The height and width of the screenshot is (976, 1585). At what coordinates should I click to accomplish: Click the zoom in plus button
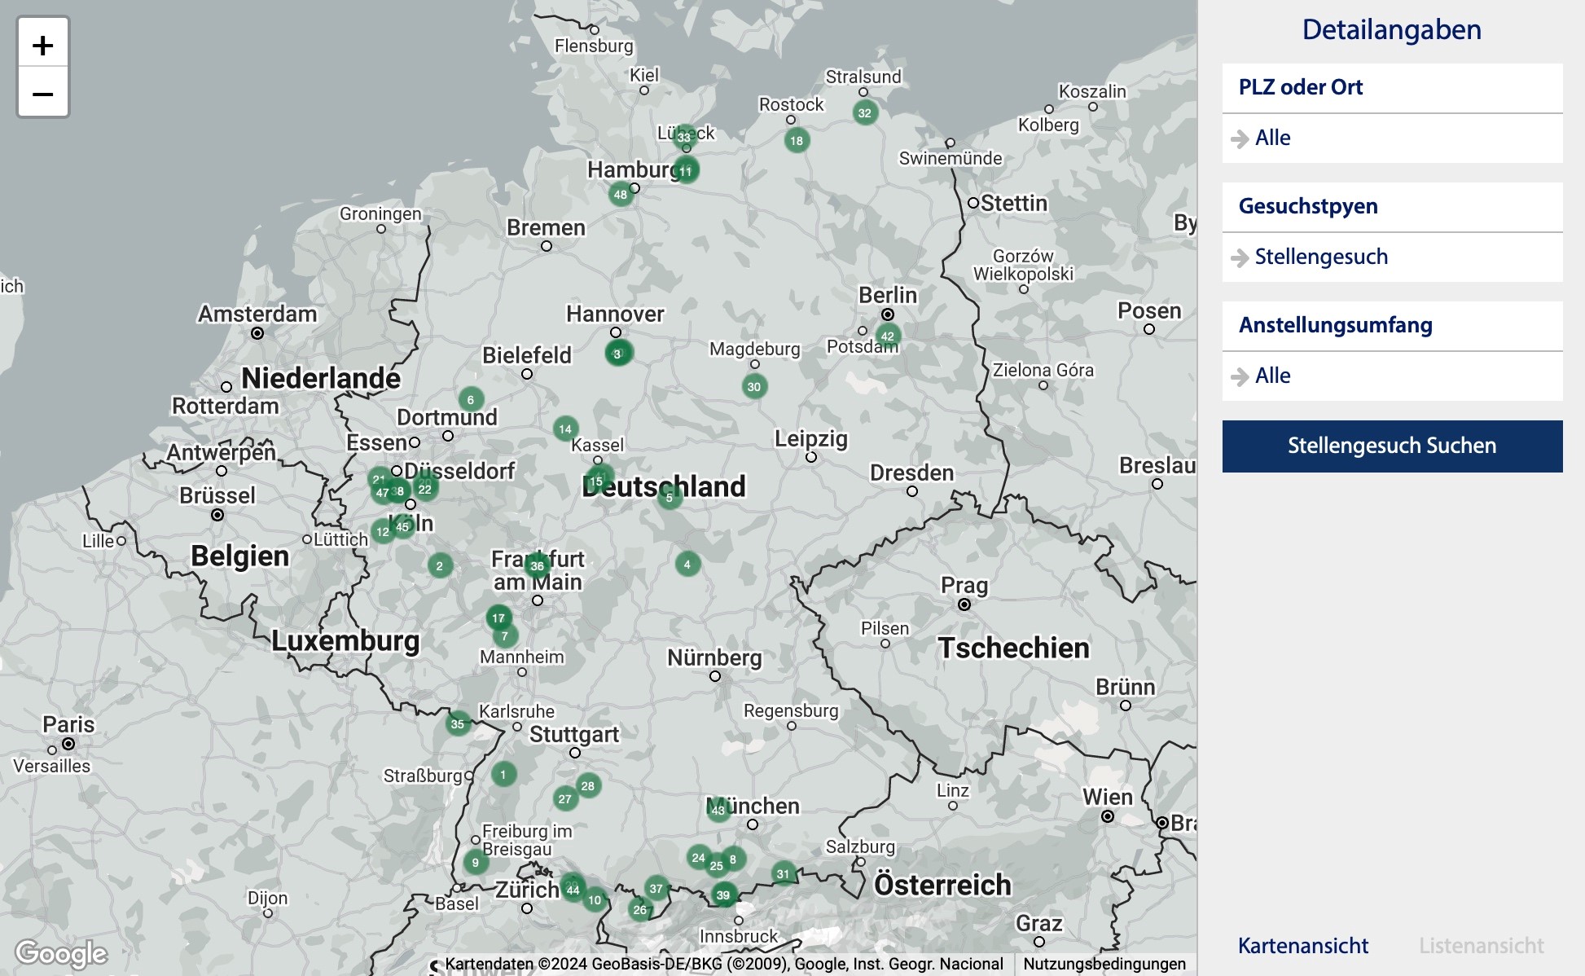point(42,45)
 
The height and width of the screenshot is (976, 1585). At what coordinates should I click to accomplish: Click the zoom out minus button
point(42,94)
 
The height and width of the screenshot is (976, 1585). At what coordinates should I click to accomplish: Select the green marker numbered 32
point(865,113)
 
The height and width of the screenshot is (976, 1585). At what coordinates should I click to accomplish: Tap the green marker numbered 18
point(797,140)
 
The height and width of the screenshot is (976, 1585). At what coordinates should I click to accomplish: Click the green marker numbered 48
point(621,195)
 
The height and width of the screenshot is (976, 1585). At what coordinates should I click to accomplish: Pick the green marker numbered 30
point(754,387)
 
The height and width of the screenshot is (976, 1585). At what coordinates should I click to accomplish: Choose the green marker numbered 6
point(471,400)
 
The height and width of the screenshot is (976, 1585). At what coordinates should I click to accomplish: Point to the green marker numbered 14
point(565,429)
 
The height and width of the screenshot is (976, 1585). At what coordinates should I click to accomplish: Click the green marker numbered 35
point(458,724)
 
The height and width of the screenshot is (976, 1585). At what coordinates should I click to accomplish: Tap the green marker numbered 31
point(783,874)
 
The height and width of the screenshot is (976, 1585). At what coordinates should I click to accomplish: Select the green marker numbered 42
point(888,336)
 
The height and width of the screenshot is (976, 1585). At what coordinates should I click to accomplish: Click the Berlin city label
point(887,295)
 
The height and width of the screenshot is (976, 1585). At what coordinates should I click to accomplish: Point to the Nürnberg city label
point(714,657)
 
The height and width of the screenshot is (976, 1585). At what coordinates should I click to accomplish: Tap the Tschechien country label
point(1013,648)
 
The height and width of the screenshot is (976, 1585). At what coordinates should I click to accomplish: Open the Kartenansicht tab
point(1302,946)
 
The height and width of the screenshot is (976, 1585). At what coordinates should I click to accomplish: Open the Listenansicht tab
point(1481,946)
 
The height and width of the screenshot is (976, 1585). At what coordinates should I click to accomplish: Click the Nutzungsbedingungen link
point(1104,964)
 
